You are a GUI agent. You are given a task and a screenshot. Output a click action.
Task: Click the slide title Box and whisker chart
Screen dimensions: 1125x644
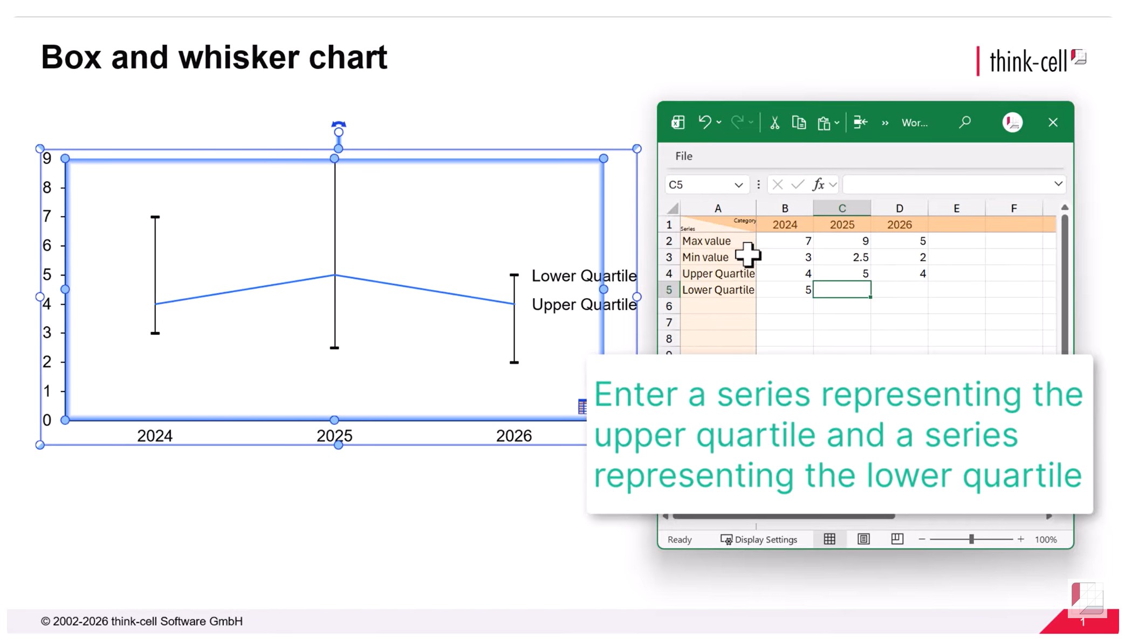pos(214,57)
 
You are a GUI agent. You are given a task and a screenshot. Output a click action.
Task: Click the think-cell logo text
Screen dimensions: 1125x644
pos(1028,61)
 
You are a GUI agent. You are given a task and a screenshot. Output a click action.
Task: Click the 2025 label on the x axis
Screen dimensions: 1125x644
pos(334,435)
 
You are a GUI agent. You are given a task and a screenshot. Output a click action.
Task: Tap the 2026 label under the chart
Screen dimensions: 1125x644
pos(514,435)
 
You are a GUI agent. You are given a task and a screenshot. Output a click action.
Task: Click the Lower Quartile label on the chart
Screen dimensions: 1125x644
pos(584,276)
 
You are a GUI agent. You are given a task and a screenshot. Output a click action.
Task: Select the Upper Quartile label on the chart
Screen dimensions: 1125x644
pos(584,305)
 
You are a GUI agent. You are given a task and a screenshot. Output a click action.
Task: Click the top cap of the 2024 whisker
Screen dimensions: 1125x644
pos(155,217)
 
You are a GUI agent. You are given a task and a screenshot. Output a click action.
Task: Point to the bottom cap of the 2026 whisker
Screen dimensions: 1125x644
pos(515,362)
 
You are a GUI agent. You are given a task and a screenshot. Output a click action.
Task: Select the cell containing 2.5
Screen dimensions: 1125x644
pos(842,257)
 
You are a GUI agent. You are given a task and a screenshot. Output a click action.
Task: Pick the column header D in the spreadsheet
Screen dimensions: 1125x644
pos(899,208)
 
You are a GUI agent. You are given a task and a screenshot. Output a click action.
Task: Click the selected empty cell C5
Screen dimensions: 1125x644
pos(842,290)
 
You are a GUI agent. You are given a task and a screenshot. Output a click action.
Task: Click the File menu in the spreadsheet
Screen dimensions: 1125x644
pos(683,156)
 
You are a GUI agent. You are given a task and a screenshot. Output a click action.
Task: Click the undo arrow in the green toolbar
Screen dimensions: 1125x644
pos(704,122)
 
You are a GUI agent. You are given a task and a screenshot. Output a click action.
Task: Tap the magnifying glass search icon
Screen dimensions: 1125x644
pos(965,122)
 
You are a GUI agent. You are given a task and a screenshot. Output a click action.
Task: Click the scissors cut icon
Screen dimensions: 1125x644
pos(774,123)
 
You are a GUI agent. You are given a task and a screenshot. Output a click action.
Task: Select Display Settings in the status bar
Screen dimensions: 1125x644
pos(759,539)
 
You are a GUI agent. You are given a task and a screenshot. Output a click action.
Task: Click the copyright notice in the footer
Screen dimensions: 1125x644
pos(142,621)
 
